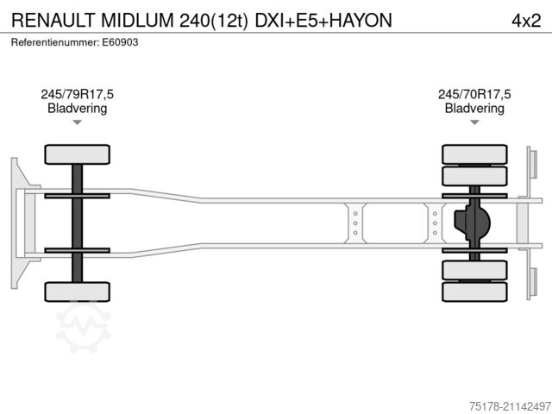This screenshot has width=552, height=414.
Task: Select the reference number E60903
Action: [120, 42]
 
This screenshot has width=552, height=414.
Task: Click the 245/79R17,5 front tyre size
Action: [77, 95]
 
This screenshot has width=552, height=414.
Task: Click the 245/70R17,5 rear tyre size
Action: [474, 95]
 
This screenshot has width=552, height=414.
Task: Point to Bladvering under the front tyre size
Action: [77, 109]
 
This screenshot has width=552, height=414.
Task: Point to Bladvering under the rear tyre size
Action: [474, 109]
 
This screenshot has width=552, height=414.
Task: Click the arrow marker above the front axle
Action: [77, 122]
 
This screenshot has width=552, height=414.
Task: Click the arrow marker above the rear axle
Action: [474, 122]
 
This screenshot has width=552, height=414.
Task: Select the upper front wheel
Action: [77, 154]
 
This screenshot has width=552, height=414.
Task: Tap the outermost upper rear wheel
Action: [474, 154]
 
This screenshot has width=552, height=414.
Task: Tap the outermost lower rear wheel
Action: [474, 292]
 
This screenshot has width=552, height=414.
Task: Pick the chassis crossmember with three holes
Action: [354, 223]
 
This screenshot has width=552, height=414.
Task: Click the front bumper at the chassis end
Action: [16, 223]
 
